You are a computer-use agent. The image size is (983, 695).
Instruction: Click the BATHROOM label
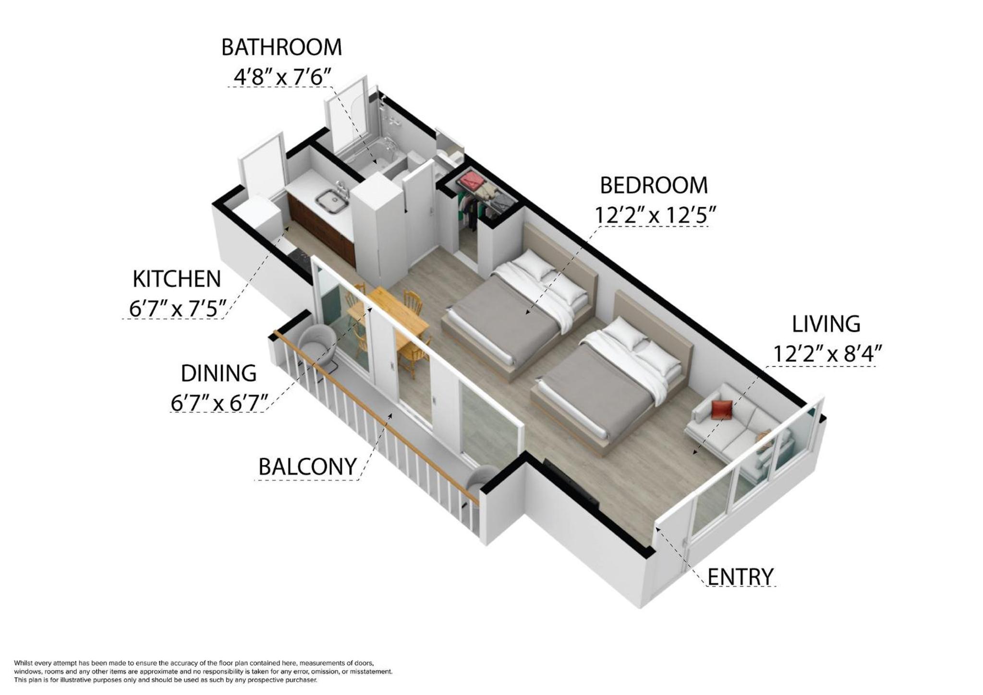coord(281,47)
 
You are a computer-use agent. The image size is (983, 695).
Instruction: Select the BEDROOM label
coord(654,185)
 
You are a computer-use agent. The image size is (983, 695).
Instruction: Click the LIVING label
coord(826,324)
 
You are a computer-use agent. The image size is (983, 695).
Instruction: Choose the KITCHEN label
coord(177,279)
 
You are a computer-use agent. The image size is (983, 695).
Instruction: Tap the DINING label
coord(218,373)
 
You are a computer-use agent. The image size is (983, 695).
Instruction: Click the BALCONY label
coord(307,466)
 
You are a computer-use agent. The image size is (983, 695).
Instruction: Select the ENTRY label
coord(740,576)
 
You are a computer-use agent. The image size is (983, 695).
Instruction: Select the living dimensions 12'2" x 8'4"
coord(828,354)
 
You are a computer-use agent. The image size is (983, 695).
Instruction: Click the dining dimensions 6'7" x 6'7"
coord(219,402)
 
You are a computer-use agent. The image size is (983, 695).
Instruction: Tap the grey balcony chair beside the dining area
coord(317,344)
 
